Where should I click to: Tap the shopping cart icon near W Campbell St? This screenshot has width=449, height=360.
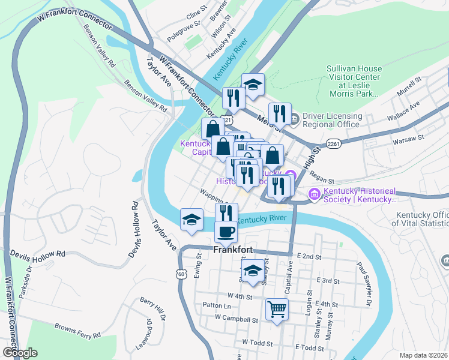point(277,310)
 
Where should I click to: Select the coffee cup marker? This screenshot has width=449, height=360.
point(226,231)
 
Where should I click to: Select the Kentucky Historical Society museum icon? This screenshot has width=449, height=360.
point(313,194)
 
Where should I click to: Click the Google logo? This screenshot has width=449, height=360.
point(20,353)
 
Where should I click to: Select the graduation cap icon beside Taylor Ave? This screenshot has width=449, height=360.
point(191,219)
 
